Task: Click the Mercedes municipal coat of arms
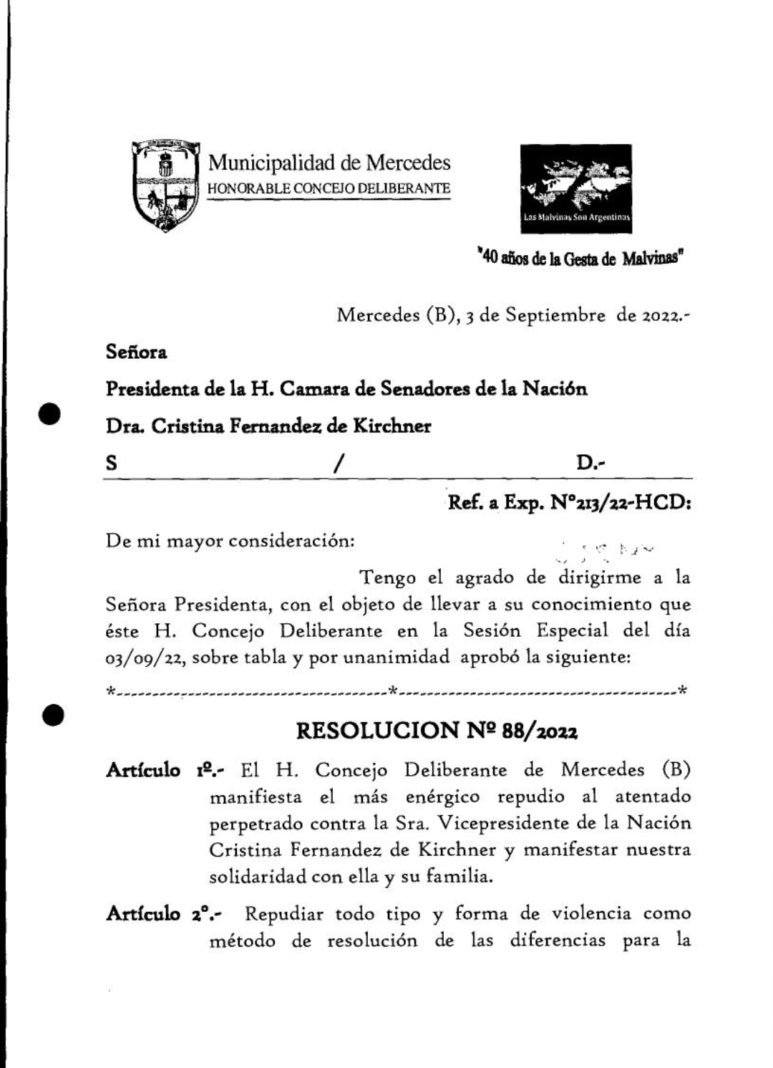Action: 165,186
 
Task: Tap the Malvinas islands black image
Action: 576,188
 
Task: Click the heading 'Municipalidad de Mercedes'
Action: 329,163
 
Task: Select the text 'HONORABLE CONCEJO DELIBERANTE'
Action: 329,188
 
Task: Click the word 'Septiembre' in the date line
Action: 555,315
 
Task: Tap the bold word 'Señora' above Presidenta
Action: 137,352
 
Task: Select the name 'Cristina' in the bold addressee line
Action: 188,426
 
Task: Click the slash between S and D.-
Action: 336,464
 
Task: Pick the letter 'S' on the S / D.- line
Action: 112,463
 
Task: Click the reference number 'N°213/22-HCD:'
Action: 621,503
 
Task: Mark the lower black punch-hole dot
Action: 52,715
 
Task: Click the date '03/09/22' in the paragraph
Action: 146,658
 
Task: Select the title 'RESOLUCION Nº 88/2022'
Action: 437,731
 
